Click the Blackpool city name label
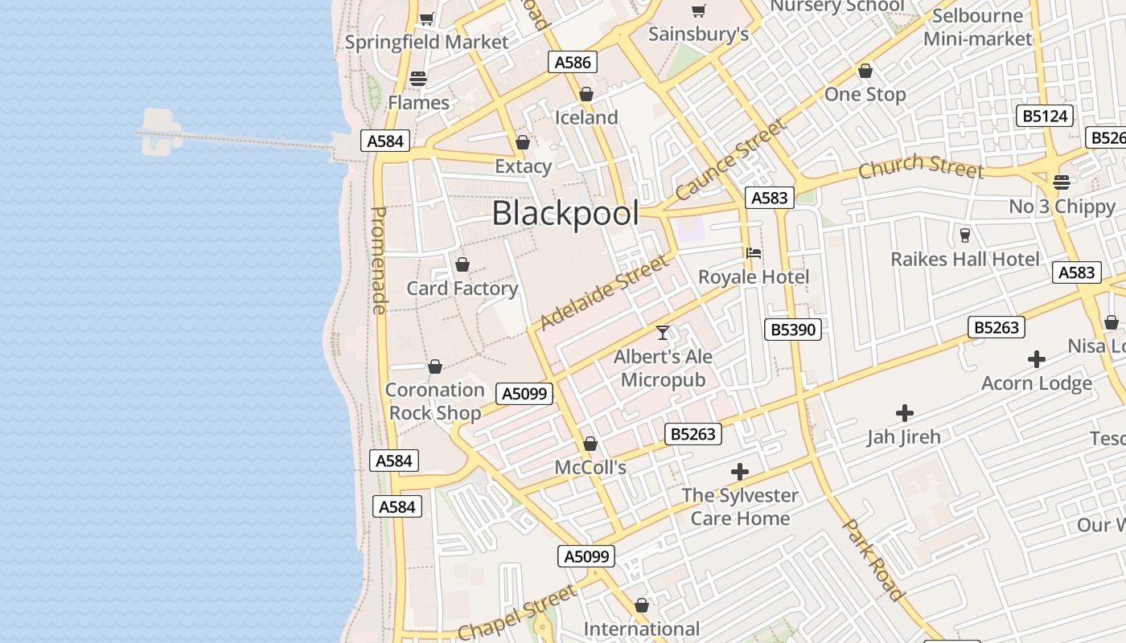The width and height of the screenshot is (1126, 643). (x=565, y=214)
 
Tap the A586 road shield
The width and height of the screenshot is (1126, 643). (x=573, y=62)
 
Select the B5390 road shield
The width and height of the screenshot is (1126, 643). (x=793, y=329)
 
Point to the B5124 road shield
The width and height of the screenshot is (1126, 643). (x=1045, y=116)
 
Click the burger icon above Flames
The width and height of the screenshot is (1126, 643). (x=418, y=79)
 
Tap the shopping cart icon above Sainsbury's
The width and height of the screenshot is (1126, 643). (x=698, y=11)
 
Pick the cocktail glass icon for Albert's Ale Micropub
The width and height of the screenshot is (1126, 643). (x=663, y=332)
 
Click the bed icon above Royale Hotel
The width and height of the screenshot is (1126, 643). (x=754, y=253)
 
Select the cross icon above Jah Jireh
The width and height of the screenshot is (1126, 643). (x=905, y=413)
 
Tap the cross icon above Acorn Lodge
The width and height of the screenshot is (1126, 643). (x=1037, y=359)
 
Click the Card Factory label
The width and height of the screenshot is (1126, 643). (x=462, y=289)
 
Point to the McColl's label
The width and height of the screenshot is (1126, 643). (x=590, y=467)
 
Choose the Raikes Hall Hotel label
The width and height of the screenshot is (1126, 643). (x=965, y=260)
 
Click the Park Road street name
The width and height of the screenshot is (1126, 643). (x=873, y=559)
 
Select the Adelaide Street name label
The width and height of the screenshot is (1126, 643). (x=604, y=293)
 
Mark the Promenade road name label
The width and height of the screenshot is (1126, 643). (x=379, y=260)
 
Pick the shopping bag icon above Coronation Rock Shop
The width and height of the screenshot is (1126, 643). (x=435, y=367)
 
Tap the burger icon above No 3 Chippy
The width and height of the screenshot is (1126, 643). (x=1062, y=182)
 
